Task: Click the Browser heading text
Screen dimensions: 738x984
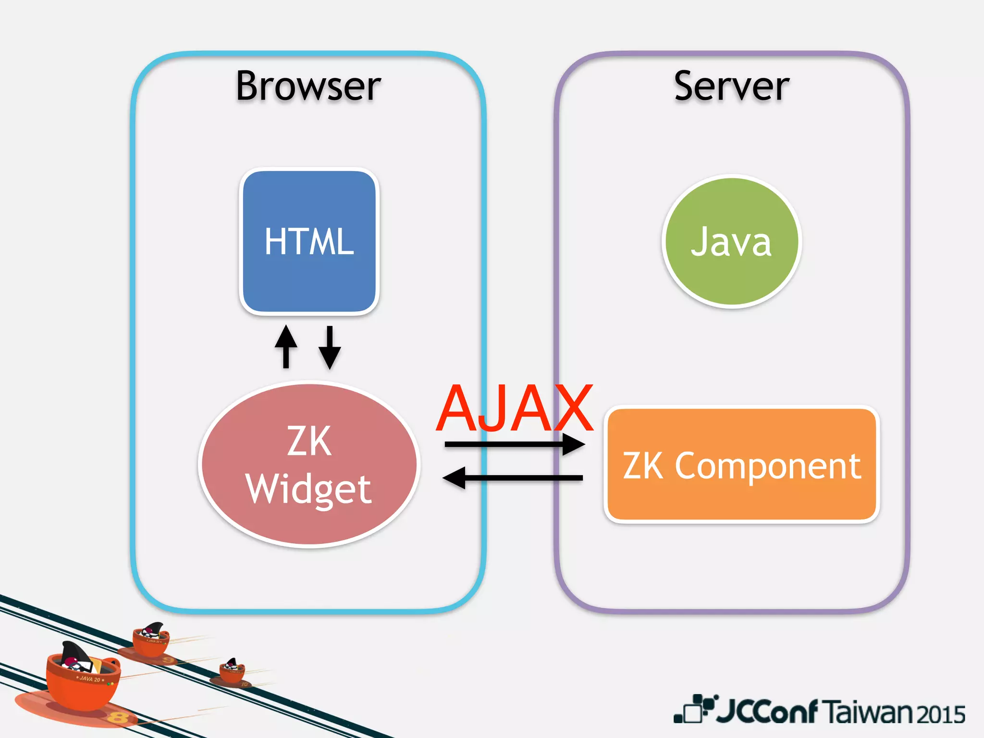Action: tap(308, 86)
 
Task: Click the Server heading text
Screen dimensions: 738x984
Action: tap(731, 86)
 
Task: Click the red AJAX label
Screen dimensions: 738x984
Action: tap(514, 408)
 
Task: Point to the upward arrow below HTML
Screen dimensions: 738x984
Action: tap(286, 346)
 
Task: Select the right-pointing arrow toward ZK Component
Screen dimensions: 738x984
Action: tap(514, 444)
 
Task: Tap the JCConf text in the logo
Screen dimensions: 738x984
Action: tap(766, 711)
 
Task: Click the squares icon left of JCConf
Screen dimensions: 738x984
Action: tap(694, 709)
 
